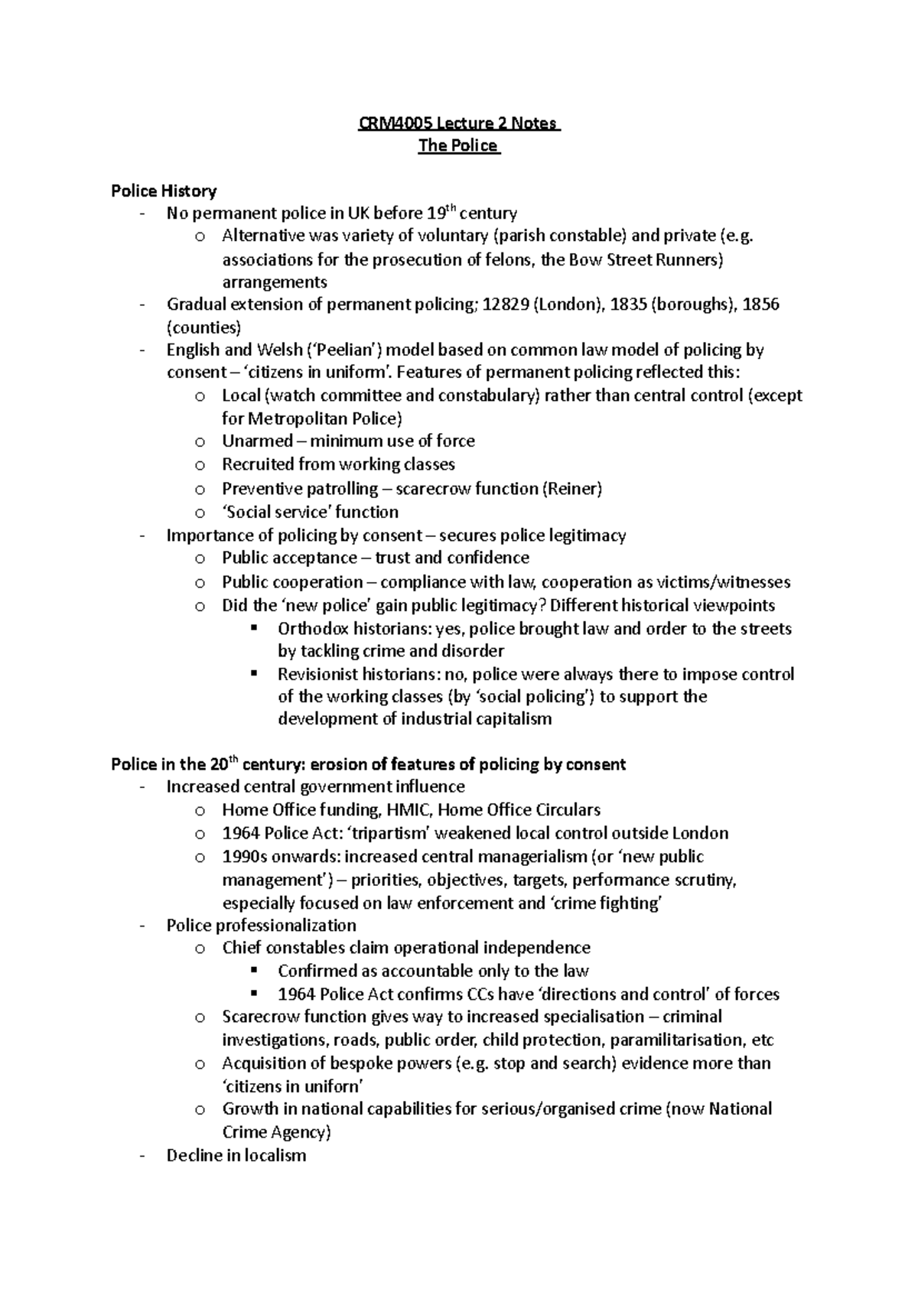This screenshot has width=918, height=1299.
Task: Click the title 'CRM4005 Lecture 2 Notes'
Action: (x=459, y=123)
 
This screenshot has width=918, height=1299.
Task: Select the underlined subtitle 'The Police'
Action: (x=458, y=145)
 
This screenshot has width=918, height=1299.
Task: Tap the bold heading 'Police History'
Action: (x=164, y=190)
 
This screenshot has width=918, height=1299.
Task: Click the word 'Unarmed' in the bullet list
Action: (x=257, y=441)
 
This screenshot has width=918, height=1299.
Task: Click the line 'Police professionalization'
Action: (x=261, y=926)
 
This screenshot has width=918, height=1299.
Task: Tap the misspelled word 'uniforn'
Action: (x=333, y=1086)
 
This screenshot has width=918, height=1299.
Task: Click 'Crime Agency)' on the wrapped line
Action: (x=276, y=1132)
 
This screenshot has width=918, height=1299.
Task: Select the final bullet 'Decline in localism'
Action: (x=236, y=1156)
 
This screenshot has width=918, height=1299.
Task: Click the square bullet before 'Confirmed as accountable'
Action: (x=255, y=971)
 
